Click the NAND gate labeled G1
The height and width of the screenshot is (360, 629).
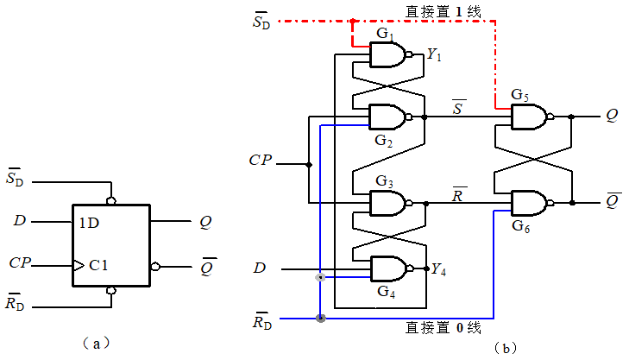pos(387,55)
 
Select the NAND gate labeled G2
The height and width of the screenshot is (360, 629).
pos(387,117)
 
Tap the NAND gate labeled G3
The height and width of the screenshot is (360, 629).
pos(387,204)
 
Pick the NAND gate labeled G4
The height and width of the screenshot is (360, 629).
pos(387,268)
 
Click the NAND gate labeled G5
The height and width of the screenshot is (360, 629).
pos(528,117)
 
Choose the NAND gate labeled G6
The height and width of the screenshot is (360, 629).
pos(528,204)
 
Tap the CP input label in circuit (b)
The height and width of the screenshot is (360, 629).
pos(261,161)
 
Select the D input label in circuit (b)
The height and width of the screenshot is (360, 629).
pos(259,268)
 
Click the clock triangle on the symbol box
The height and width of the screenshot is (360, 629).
pos(78,264)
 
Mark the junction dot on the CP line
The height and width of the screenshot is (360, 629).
pos(308,162)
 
